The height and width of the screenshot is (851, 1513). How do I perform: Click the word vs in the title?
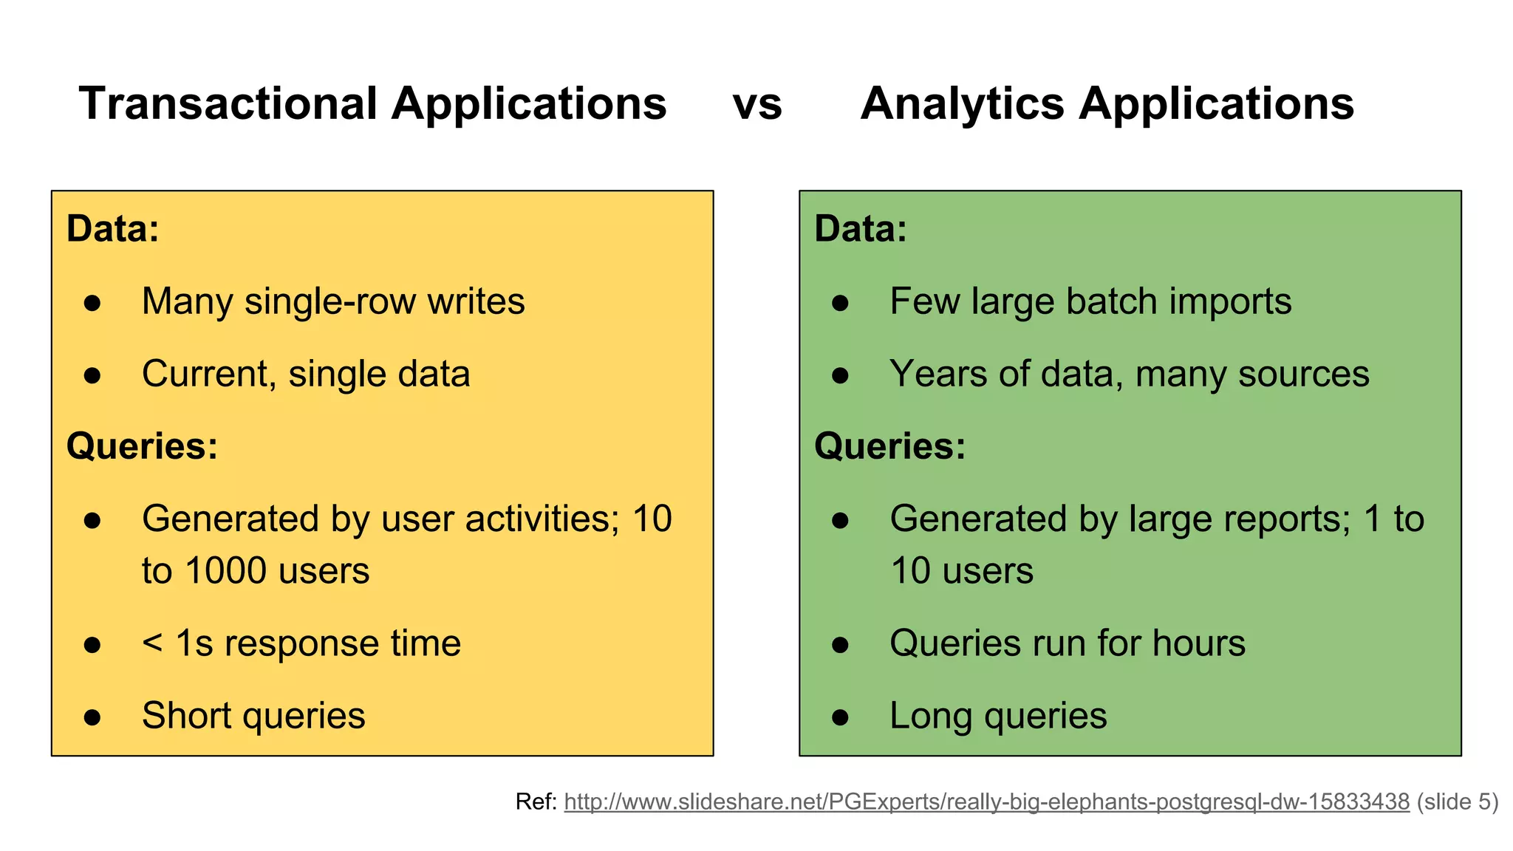pos(757,104)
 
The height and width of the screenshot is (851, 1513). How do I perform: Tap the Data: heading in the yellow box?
pos(113,228)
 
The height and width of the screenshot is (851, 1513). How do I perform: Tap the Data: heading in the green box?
pos(861,228)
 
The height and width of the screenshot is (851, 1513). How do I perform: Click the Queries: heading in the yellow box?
pos(142,446)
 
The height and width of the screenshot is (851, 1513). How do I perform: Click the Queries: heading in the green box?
pos(890,446)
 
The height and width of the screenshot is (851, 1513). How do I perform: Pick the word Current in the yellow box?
pos(205,374)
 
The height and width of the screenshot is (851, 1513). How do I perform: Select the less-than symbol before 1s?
pos(152,643)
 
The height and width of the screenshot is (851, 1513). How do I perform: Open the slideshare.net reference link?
pos(986,802)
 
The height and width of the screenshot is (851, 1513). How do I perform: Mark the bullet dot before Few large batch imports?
pos(840,303)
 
